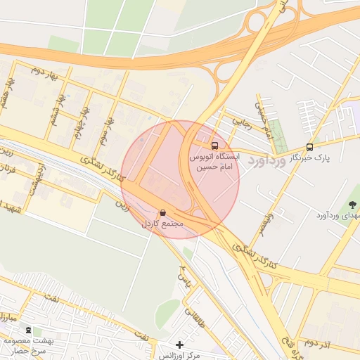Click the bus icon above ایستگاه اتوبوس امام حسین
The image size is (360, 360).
[x=214, y=138]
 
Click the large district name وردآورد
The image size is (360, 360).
[x=268, y=160]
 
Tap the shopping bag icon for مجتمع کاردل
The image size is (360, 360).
[x=163, y=212]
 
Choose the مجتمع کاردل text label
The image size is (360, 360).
[x=163, y=224]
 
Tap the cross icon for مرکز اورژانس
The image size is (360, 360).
[x=180, y=345]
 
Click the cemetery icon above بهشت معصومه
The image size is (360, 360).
[x=28, y=330]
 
